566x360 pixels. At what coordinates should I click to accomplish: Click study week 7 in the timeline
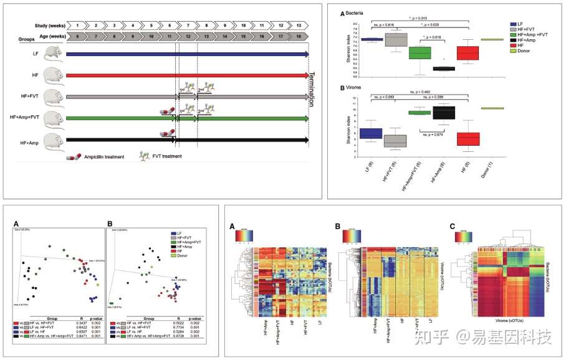point(186,25)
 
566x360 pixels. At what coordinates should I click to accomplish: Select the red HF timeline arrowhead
point(306,75)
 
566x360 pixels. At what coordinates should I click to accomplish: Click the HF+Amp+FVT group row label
point(32,118)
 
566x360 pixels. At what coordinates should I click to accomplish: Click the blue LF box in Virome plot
point(371,133)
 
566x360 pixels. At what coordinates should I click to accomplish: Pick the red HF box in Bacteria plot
point(468,53)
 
